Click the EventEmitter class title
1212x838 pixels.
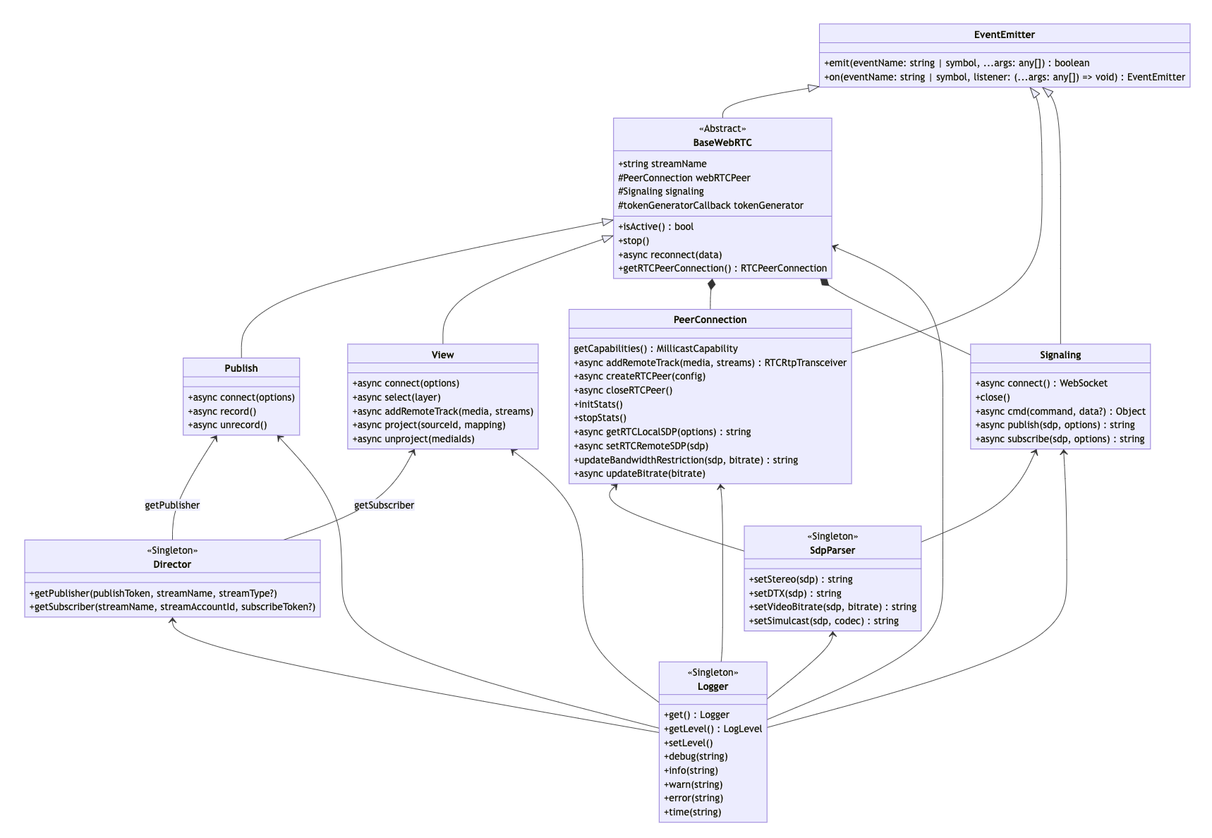[1004, 35]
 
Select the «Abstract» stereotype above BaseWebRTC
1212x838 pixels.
[722, 128]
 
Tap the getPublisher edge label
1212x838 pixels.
[172, 505]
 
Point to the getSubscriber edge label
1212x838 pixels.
[384, 505]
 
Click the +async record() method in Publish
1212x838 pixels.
[222, 411]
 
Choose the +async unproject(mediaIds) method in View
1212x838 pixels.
[413, 439]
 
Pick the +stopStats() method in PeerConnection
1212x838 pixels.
[600, 418]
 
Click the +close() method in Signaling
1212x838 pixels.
[993, 397]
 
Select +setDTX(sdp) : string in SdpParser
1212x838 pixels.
[795, 593]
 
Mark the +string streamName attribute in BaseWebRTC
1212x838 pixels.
[662, 164]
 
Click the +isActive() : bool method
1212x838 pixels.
[656, 226]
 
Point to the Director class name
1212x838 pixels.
[172, 564]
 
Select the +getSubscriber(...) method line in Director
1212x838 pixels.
[172, 607]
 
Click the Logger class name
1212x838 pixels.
[713, 686]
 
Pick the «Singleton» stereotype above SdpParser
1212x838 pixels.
[832, 536]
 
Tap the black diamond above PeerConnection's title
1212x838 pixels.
[711, 285]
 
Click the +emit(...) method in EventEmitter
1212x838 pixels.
[957, 63]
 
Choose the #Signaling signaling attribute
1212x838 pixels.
[661, 191]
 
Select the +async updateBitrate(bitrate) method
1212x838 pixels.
[639, 473]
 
